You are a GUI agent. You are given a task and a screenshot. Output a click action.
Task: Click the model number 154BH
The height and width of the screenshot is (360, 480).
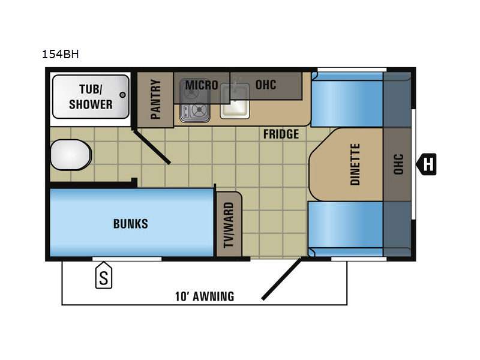pyautogui.click(x=61, y=54)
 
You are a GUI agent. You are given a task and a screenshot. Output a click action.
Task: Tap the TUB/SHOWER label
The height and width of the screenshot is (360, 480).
pyautogui.click(x=91, y=97)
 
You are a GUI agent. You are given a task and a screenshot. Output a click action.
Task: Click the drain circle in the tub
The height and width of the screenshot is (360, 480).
pyautogui.click(x=122, y=95)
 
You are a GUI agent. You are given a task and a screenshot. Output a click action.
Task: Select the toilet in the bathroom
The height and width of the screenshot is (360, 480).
pyautogui.click(x=71, y=155)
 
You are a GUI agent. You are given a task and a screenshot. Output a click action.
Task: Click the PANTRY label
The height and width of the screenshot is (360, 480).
pyautogui.click(x=155, y=99)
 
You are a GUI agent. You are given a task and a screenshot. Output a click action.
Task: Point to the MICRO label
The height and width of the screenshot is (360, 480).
pyautogui.click(x=202, y=85)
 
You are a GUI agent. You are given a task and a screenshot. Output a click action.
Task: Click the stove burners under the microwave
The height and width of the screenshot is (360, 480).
pyautogui.click(x=194, y=110)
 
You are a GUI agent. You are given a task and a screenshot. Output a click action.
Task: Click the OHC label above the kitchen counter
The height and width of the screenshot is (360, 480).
pyautogui.click(x=266, y=85)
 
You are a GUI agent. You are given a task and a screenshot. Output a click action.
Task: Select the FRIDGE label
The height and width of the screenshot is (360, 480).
pyautogui.click(x=281, y=134)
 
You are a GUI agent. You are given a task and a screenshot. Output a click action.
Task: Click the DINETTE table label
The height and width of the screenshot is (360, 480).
pyautogui.click(x=355, y=164)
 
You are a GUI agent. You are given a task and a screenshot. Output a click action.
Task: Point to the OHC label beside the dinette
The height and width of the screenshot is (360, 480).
pyautogui.click(x=398, y=164)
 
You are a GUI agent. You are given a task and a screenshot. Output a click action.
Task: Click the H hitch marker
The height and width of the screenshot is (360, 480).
pyautogui.click(x=426, y=164)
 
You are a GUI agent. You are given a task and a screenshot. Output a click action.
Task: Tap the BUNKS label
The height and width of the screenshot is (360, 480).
pyautogui.click(x=130, y=224)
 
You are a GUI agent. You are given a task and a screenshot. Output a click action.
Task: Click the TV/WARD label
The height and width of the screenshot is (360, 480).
pyautogui.click(x=229, y=224)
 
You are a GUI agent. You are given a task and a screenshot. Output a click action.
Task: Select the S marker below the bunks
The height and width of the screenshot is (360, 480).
pyautogui.click(x=104, y=275)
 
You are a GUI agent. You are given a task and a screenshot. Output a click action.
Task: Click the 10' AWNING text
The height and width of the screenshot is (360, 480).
pyautogui.click(x=205, y=296)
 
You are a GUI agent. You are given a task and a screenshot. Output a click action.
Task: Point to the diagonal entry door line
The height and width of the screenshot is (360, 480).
pyautogui.click(x=282, y=279)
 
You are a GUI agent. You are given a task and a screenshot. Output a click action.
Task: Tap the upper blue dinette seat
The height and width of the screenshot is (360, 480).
pyautogui.click(x=347, y=100)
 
